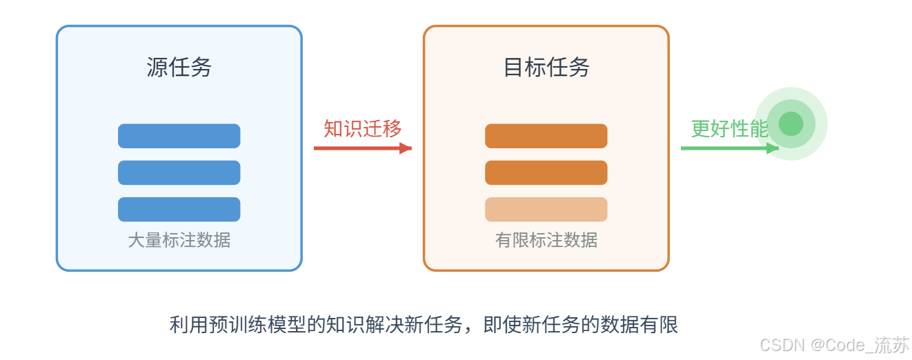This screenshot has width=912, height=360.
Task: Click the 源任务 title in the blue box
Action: click(179, 67)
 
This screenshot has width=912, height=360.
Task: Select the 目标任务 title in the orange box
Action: click(546, 67)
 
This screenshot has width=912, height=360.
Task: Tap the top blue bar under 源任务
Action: click(179, 136)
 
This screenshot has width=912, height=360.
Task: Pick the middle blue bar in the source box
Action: click(179, 172)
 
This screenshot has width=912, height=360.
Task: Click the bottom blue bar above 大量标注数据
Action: click(179, 209)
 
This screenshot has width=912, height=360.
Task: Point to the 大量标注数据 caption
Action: click(179, 240)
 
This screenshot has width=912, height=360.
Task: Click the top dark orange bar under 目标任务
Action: click(546, 136)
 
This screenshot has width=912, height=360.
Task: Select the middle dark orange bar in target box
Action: click(546, 172)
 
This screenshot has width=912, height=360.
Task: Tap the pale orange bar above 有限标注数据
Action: click(546, 209)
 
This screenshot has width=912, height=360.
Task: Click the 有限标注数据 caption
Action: click(546, 240)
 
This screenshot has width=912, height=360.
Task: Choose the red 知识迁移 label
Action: click(362, 128)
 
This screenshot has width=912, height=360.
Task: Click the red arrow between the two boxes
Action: click(355, 148)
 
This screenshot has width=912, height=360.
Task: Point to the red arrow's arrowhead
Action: click(406, 148)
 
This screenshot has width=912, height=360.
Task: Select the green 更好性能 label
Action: click(729, 128)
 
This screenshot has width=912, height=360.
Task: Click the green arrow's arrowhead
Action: click(773, 148)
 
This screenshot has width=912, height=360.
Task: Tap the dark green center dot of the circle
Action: click(791, 123)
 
